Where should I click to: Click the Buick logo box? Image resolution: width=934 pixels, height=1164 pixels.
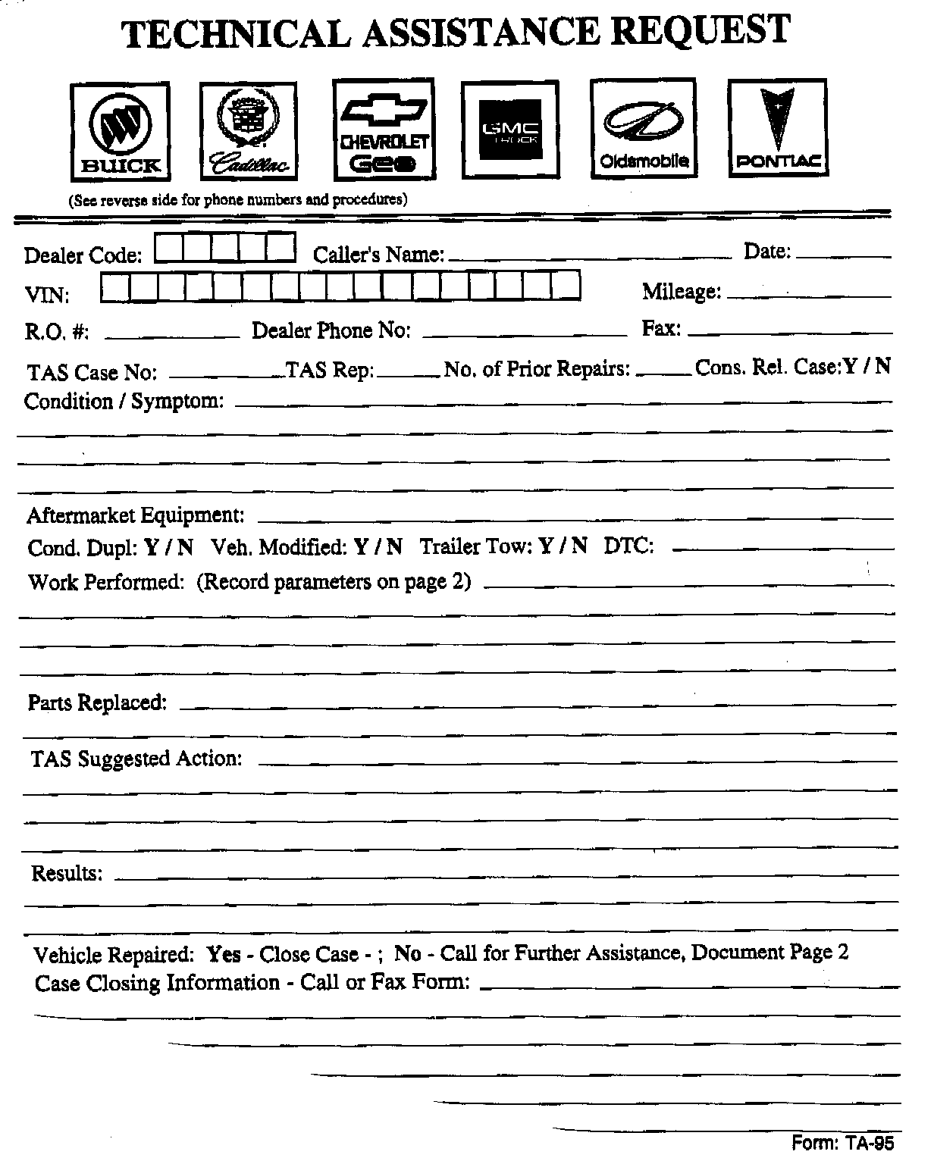(x=120, y=133)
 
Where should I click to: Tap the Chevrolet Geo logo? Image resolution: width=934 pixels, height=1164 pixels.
(x=384, y=130)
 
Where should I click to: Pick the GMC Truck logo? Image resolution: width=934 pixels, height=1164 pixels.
(x=510, y=131)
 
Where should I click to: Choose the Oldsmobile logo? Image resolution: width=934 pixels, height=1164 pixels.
(x=644, y=129)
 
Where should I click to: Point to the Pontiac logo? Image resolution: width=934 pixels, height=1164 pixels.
(x=777, y=128)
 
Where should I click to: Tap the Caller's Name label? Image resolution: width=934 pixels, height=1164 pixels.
(x=378, y=255)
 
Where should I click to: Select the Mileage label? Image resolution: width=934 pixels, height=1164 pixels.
(x=682, y=291)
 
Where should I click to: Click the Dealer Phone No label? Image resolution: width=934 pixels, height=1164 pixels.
(x=331, y=331)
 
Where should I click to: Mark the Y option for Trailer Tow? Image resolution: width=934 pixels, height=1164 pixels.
(x=545, y=546)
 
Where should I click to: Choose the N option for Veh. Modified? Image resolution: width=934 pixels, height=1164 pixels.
(x=395, y=546)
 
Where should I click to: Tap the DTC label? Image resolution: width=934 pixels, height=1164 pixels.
(x=628, y=546)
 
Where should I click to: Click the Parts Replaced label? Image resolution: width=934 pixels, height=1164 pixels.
(x=97, y=702)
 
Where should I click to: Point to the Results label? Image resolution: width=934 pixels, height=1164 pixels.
(x=67, y=874)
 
